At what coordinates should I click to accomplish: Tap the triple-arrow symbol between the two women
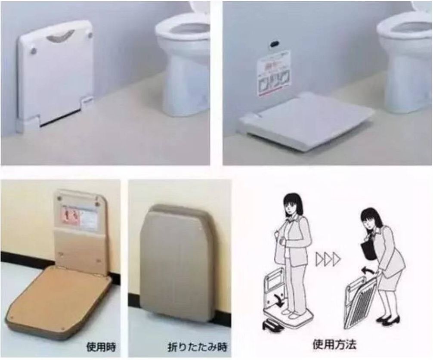328,259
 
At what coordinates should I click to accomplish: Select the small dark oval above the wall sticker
274,44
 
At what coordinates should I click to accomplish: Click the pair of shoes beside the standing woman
273,326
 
